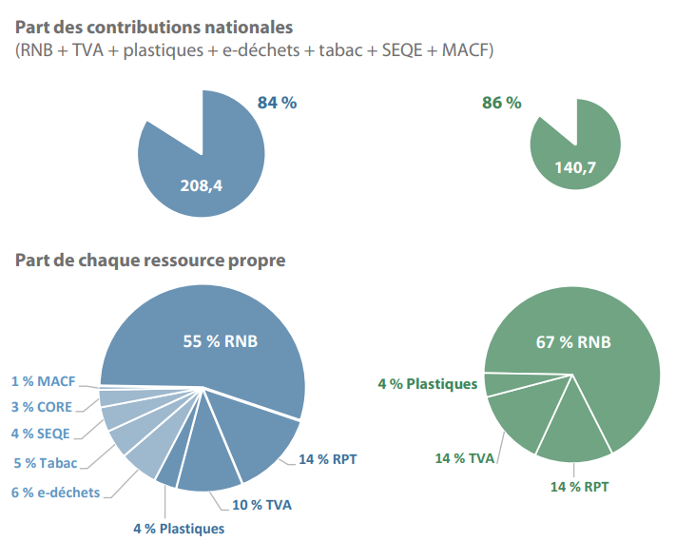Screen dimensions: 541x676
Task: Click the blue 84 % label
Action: click(x=277, y=103)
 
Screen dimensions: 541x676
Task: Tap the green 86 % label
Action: click(x=501, y=103)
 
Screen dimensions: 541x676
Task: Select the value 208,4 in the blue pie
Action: click(x=201, y=185)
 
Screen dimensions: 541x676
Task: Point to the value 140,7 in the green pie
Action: click(x=575, y=167)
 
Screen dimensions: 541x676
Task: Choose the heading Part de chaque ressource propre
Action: click(x=150, y=260)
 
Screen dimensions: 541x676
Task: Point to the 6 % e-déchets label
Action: click(x=53, y=493)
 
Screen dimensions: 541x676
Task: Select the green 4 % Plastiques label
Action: click(x=427, y=384)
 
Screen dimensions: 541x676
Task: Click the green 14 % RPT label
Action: click(x=579, y=487)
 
